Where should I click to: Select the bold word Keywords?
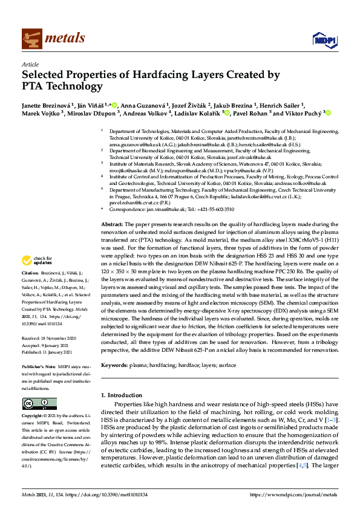tap(114, 366)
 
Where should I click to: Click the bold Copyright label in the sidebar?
tap(34, 417)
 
